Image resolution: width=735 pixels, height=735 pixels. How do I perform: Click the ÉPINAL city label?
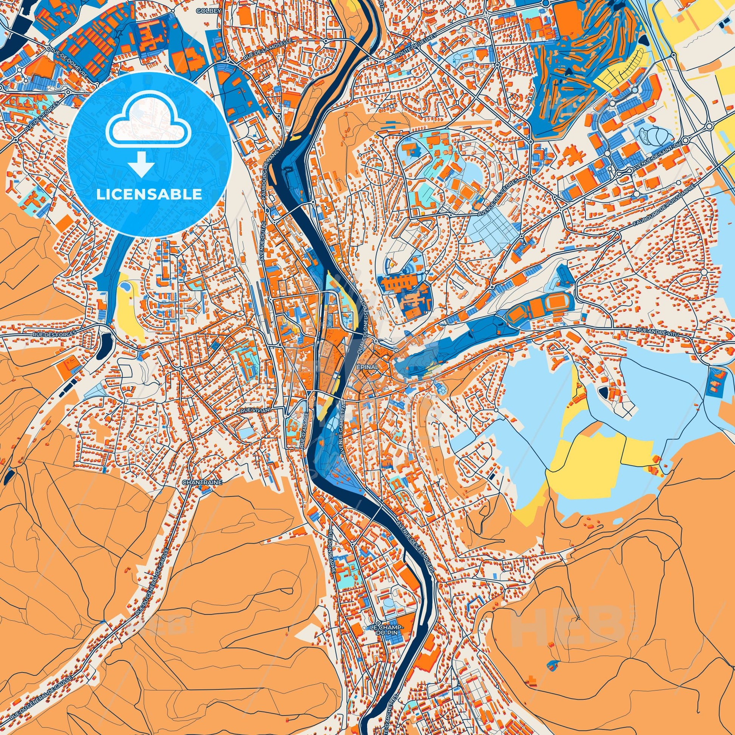point(367,367)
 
